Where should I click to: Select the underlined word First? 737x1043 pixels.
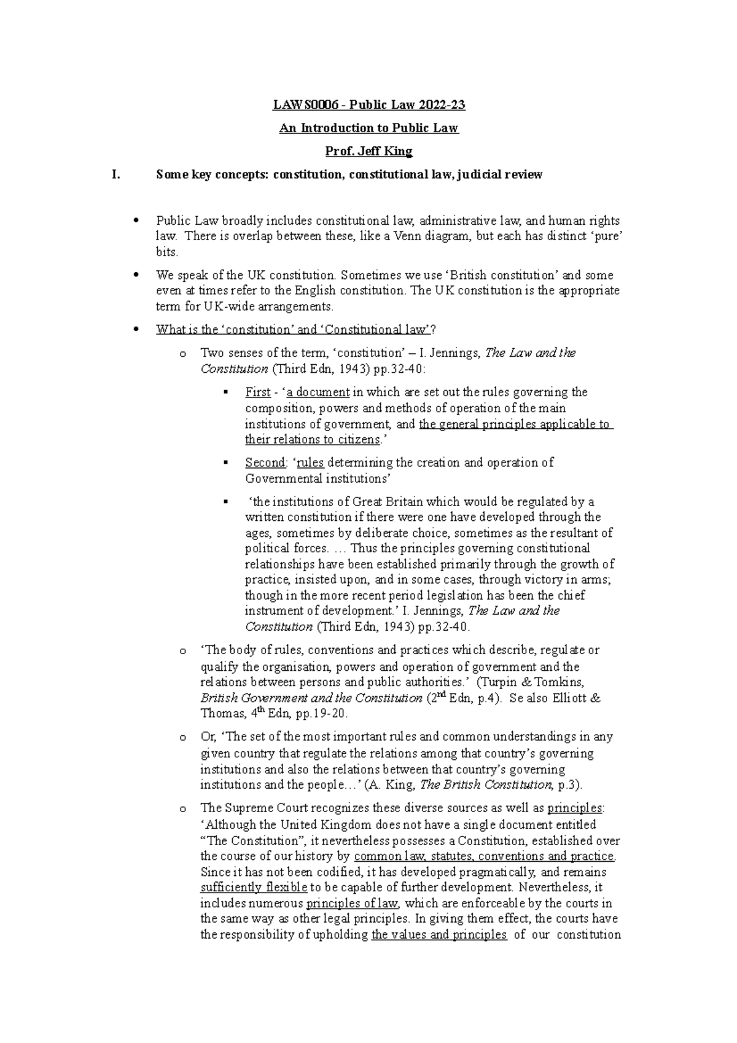[x=257, y=393]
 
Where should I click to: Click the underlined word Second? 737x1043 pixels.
[x=265, y=463]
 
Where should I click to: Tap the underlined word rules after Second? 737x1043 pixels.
[x=310, y=463]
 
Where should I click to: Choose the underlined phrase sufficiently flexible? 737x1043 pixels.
[x=254, y=888]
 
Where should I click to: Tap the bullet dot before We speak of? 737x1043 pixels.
[x=136, y=275]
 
